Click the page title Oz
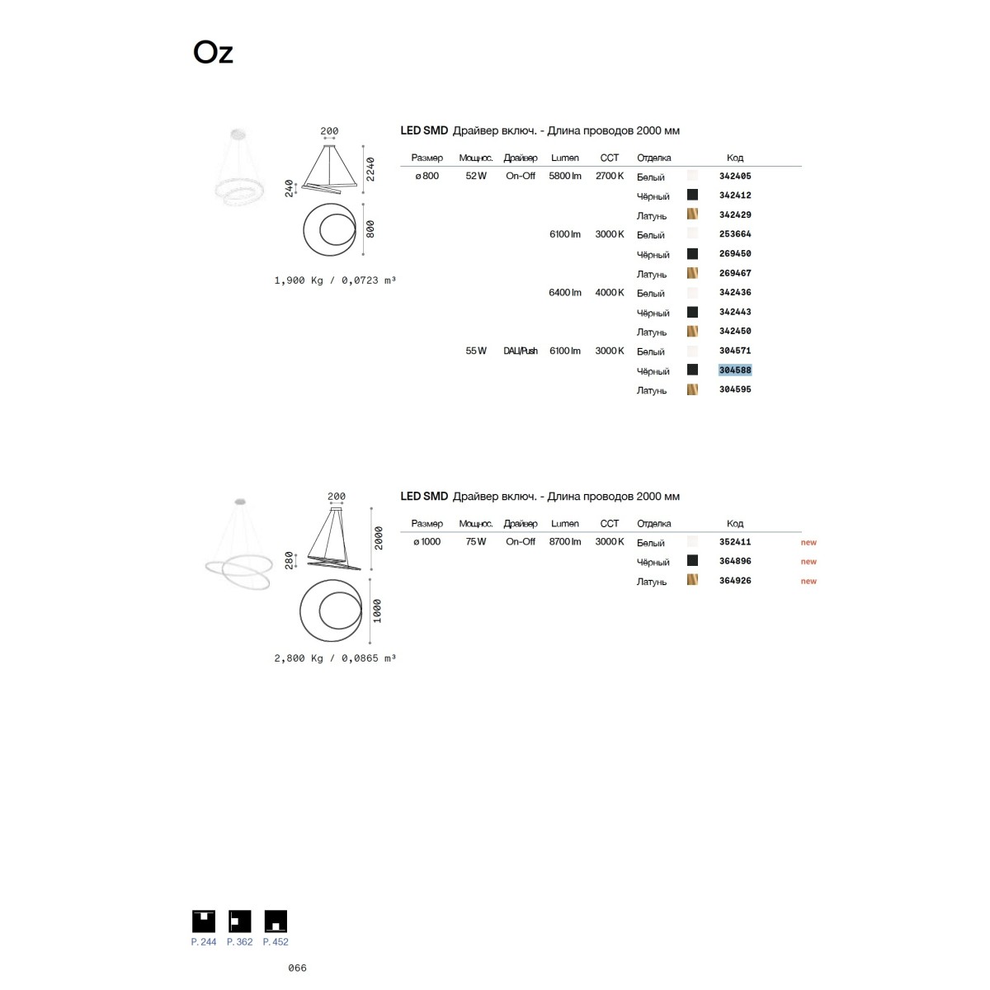213,53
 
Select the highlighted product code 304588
735,370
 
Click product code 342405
735,176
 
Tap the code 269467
735,273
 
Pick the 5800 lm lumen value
564,176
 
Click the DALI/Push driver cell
521,351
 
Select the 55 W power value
476,351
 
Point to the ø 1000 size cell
427,541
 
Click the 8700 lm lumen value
564,541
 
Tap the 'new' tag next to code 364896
808,562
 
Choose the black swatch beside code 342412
692,195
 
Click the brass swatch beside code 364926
692,579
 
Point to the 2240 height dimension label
370,169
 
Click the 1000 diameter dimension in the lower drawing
377,610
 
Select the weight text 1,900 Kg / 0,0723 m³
335,280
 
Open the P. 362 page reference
239,941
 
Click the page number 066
297,968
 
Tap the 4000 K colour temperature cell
610,292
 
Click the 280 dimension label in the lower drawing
290,560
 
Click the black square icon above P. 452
276,922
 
